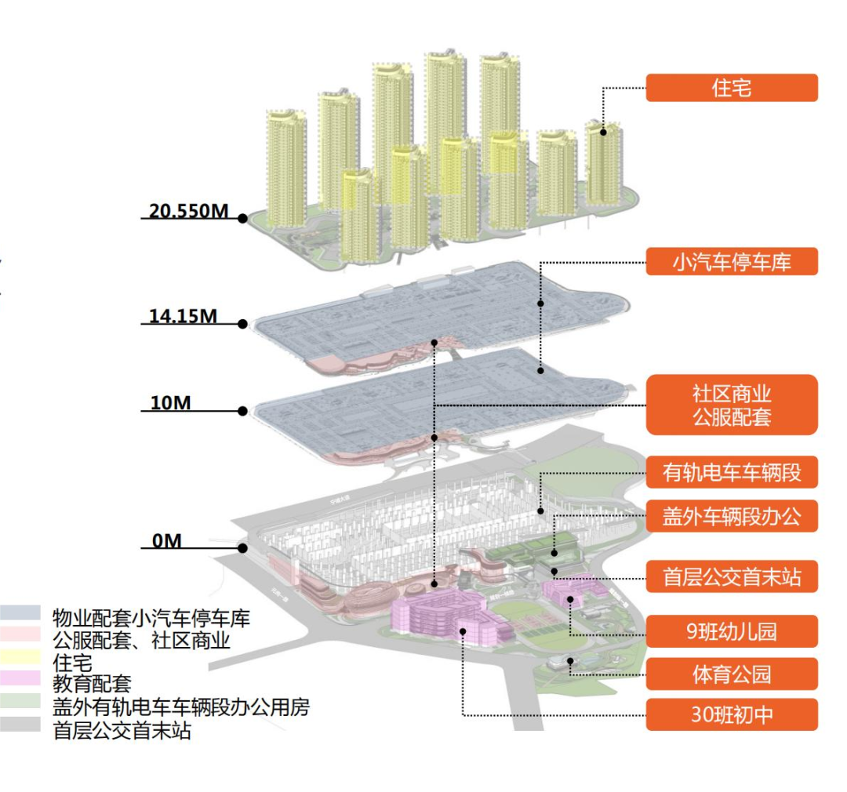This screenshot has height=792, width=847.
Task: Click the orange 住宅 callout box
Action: click(731, 88)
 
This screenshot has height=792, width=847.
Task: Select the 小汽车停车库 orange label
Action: click(731, 262)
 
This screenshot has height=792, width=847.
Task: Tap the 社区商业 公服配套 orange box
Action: click(731, 405)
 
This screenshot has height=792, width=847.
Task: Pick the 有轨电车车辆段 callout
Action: click(731, 473)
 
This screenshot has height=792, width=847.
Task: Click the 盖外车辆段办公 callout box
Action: click(731, 516)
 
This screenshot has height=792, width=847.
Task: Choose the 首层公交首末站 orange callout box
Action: click(731, 578)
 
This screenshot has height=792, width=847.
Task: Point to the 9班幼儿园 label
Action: click(731, 631)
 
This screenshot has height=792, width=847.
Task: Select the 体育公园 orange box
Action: click(731, 674)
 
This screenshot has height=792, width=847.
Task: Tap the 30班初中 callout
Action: click(731, 715)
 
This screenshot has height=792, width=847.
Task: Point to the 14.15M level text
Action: click(183, 316)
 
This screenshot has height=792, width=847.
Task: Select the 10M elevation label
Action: click(170, 403)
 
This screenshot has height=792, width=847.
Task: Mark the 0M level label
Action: click(166, 541)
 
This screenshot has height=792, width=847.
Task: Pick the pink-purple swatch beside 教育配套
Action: click(20, 681)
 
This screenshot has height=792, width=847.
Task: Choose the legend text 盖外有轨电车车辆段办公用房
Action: click(181, 707)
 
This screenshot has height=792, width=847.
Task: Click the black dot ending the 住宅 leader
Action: click(603, 131)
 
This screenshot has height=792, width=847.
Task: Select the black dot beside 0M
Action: click(243, 549)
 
